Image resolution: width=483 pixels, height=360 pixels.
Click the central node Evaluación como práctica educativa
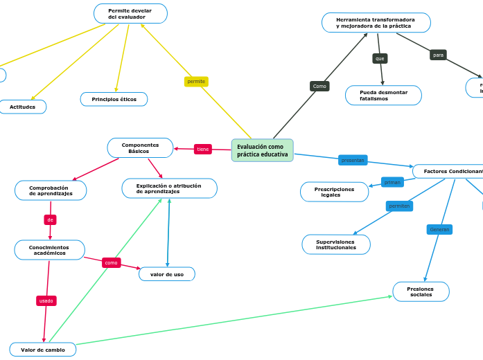click(262, 150)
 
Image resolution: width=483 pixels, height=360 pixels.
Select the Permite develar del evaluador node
click(130, 14)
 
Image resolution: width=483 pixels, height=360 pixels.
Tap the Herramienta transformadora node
click(376, 23)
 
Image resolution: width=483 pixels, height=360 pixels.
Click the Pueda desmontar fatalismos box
click(383, 96)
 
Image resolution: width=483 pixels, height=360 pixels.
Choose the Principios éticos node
click(114, 100)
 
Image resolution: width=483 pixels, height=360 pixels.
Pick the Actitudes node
click(22, 107)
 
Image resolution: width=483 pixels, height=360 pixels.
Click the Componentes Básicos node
click(140, 148)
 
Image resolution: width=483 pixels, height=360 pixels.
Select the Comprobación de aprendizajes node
click(51, 190)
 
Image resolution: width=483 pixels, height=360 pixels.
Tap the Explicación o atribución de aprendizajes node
click(169, 188)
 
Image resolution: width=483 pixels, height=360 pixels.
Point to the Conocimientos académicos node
click(49, 250)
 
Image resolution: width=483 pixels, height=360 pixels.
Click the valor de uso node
click(167, 274)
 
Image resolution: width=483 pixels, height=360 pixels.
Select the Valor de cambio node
click(43, 350)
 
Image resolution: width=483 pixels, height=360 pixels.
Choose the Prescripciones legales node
click(334, 192)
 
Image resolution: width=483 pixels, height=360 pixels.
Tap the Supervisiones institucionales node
click(336, 244)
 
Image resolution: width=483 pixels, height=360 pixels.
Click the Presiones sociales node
click(421, 291)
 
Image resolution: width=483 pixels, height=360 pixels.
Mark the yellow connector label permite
click(196, 82)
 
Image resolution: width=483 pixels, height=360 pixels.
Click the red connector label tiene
click(202, 149)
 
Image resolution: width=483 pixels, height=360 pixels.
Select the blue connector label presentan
click(353, 160)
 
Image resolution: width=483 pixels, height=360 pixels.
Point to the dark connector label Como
click(319, 87)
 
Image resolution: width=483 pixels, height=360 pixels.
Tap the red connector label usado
click(46, 300)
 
